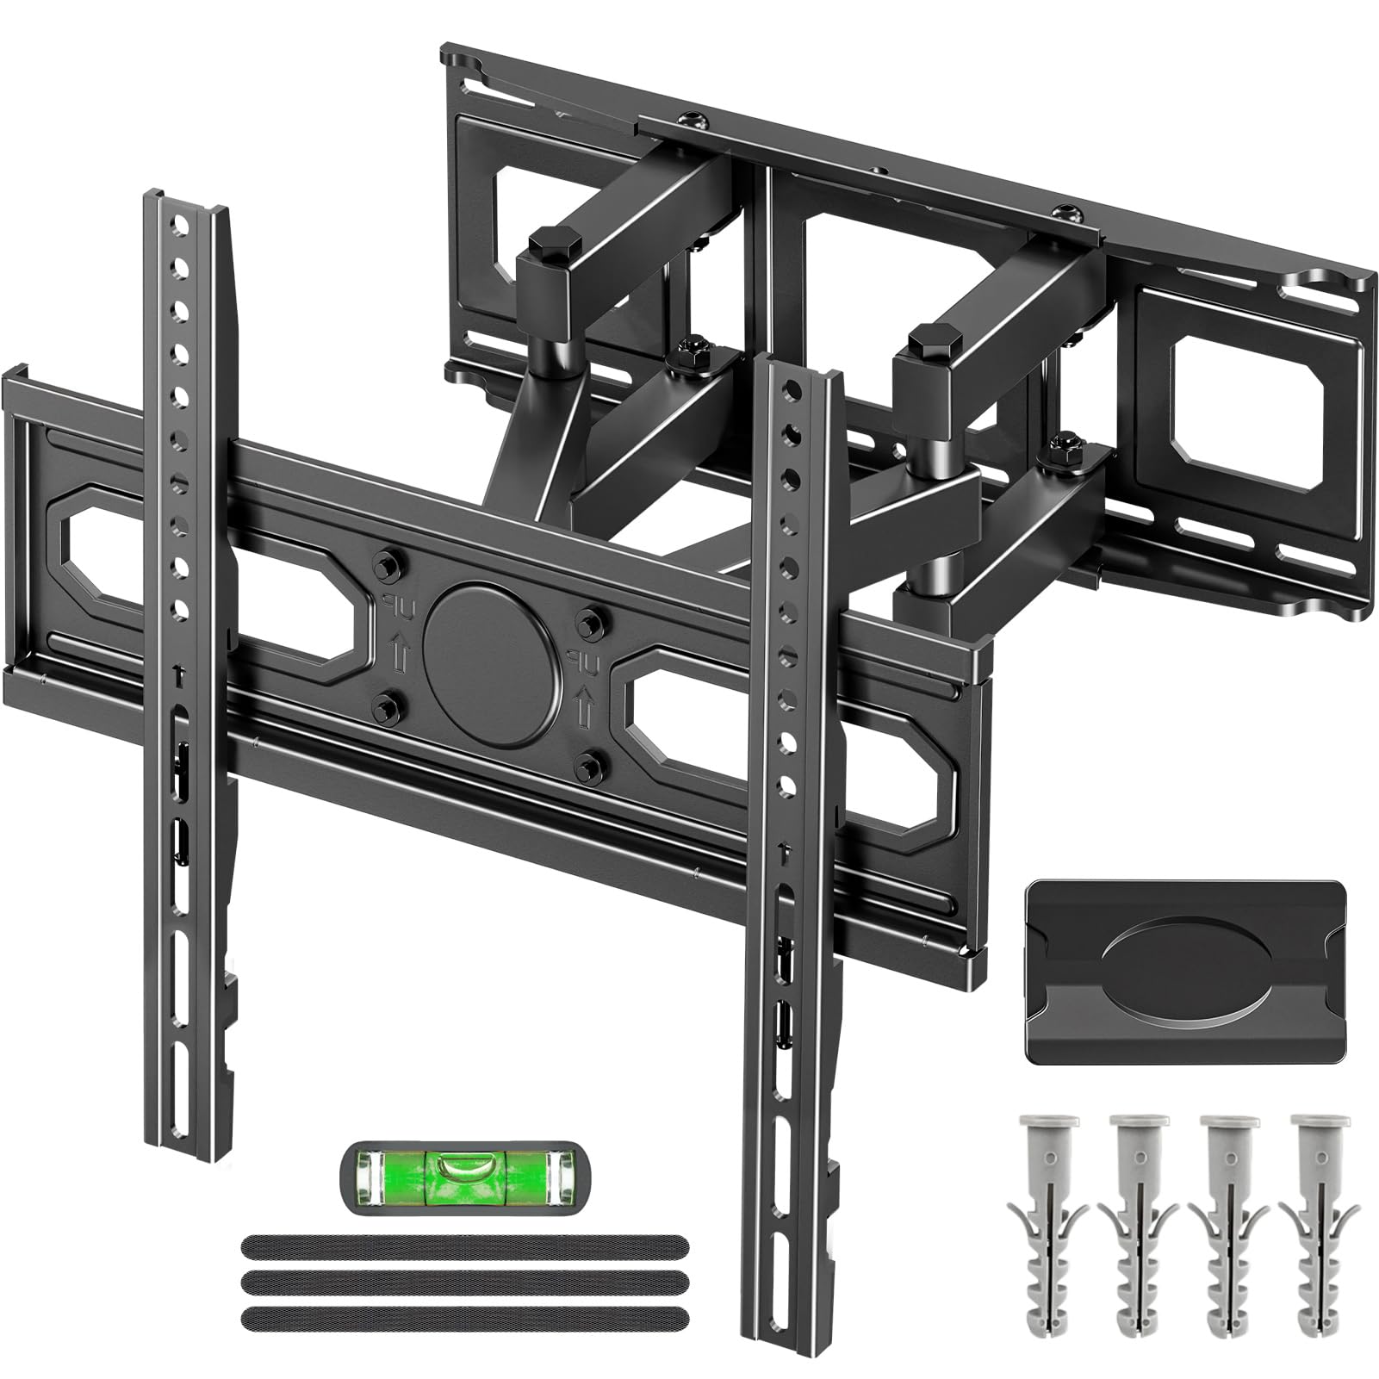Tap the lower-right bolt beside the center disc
click(x=590, y=761)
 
